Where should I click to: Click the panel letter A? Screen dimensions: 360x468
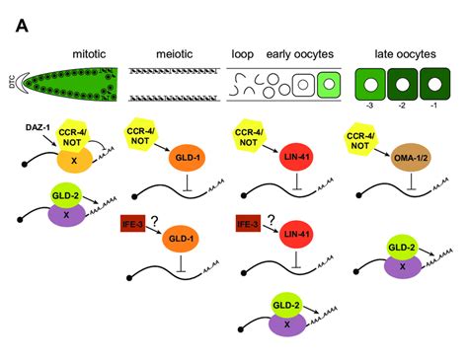click(x=21, y=23)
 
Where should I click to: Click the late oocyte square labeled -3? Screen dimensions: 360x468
click(x=367, y=86)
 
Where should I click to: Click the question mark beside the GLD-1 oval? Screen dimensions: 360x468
click(x=156, y=223)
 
